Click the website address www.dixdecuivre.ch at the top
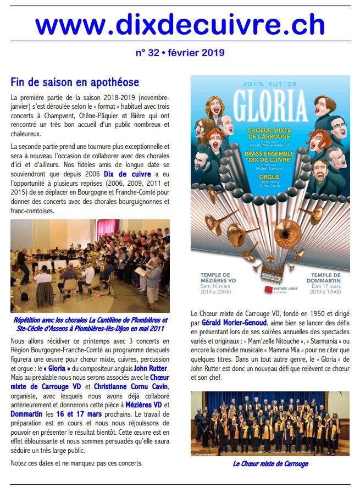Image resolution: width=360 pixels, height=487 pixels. tap(180, 25)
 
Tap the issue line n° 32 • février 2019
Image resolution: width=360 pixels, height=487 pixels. tap(180, 53)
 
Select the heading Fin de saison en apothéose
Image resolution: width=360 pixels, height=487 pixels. tap(75, 82)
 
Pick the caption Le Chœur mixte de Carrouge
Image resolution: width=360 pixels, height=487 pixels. tap(270, 463)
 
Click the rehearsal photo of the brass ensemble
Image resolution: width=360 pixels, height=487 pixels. tap(90, 266)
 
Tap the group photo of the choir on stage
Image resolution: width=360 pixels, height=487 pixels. tap(270, 423)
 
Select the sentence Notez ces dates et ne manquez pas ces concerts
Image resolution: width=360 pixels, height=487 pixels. tap(76, 463)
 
